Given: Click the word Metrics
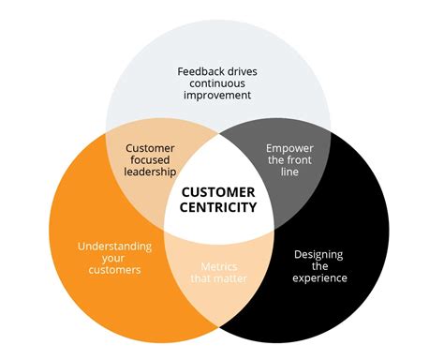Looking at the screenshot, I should pos(220,267).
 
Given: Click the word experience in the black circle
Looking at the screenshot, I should pos(320,278).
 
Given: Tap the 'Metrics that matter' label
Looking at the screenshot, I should pos(220,274).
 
